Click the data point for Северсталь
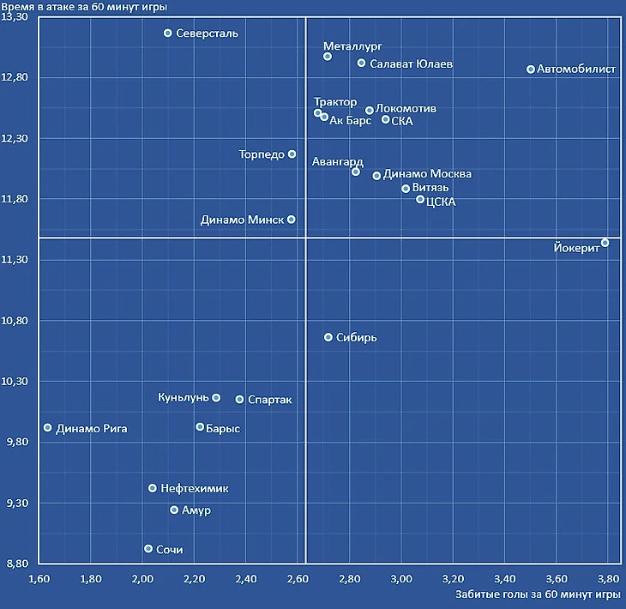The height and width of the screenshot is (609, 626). point(168,33)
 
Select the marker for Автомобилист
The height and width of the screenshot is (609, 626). point(531,69)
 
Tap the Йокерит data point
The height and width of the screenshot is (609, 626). point(605,243)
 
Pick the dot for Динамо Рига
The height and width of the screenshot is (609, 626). point(48,428)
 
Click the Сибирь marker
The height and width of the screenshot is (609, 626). point(328,337)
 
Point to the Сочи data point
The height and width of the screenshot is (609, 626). point(148,549)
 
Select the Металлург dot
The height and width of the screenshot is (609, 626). point(328,57)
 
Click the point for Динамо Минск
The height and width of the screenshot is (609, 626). point(292,220)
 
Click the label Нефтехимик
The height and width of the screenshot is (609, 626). point(195,488)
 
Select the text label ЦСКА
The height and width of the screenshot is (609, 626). point(441,202)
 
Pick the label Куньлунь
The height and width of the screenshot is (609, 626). point(184,397)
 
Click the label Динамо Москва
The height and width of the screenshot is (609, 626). point(427,174)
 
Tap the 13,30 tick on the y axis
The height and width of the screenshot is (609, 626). point(18,17)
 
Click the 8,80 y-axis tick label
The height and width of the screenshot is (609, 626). point(18,564)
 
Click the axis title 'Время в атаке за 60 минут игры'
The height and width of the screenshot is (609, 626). point(84,6)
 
